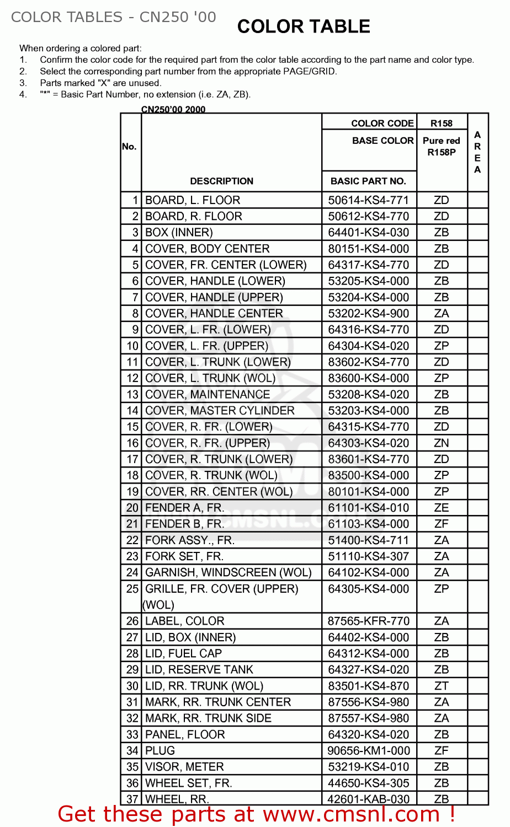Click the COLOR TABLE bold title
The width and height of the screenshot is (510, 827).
(304, 26)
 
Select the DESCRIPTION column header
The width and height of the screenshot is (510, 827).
(221, 181)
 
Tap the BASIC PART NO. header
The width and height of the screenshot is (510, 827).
(368, 181)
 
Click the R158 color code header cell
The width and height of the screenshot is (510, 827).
(442, 123)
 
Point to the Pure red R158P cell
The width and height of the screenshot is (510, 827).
(442, 147)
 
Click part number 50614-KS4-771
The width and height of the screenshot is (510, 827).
(368, 200)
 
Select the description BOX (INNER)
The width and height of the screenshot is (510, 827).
(179, 233)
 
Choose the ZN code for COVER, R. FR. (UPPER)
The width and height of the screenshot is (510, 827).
(442, 443)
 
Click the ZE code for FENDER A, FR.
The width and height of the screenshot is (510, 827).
(442, 508)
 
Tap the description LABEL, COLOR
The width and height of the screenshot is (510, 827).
(184, 621)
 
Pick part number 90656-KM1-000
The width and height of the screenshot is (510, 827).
(368, 751)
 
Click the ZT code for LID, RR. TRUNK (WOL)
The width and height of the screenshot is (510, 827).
(442, 686)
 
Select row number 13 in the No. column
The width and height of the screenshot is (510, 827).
(132, 395)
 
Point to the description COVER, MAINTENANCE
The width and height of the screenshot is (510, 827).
(208, 395)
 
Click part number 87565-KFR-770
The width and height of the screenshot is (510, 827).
(368, 621)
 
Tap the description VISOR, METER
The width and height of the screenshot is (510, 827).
(184, 767)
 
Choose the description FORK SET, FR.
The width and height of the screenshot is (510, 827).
(184, 556)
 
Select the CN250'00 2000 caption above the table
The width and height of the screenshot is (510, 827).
(173, 109)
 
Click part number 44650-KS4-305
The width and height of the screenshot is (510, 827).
(368, 783)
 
